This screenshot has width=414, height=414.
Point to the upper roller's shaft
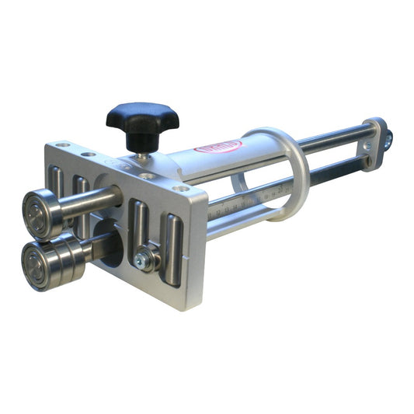tap(91, 204)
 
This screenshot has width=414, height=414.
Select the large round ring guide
tap(292, 175)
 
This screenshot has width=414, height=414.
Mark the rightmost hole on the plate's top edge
tap(182, 188)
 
